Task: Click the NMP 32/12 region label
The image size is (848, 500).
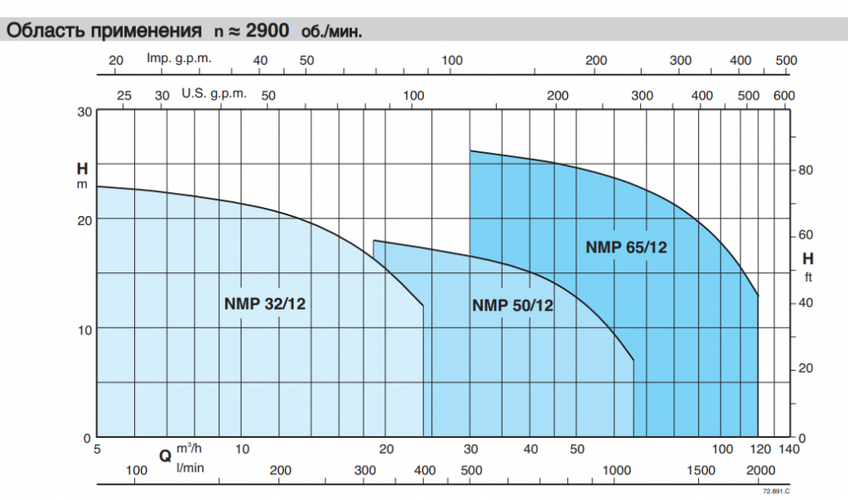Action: pos(265,304)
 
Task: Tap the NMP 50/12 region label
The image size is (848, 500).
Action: pos(513,305)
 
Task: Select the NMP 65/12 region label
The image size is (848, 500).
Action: pos(626,248)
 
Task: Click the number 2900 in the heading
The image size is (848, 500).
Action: pos(267,31)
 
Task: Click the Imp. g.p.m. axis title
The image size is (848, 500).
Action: pos(179,59)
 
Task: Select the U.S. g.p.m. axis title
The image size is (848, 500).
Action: pos(214,94)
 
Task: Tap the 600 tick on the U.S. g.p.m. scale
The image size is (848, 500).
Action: pos(784,96)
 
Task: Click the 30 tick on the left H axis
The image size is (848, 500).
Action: pos(85,112)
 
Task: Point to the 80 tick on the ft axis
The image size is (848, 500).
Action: pos(806,170)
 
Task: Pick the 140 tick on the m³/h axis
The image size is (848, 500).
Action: pos(789,450)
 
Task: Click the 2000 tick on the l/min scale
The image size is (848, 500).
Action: pos(761,470)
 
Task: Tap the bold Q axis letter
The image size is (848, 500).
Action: pos(166,456)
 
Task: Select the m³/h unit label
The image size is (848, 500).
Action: pos(189,448)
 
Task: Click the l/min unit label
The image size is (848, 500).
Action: pos(190,468)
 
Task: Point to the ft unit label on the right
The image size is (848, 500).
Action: pos(808,277)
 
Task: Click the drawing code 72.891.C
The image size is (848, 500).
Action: pos(776,492)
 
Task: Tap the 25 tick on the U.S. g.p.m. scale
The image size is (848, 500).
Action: pos(124,96)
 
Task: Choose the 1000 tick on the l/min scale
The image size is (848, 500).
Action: pos(616,470)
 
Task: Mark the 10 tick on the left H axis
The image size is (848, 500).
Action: pos(85,329)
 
